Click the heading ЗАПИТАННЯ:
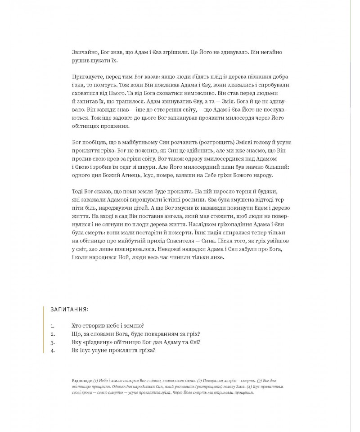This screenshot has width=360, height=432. point(69,310)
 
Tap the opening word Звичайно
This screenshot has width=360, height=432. point(85,52)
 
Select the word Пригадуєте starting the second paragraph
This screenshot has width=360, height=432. point(89,77)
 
